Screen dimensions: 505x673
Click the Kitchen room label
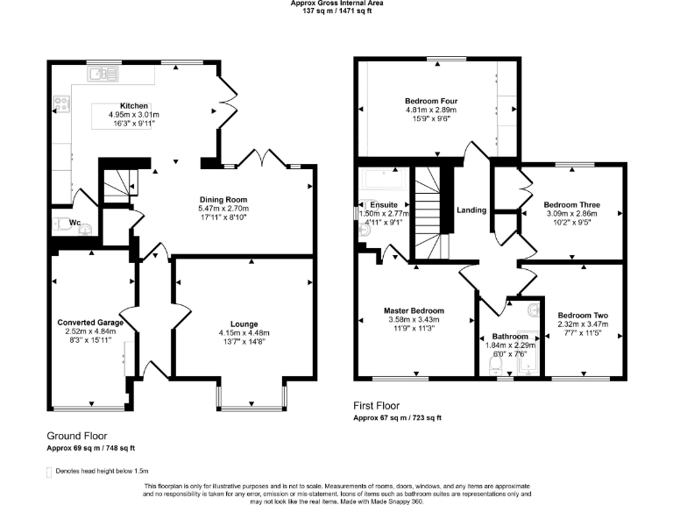point(133,106)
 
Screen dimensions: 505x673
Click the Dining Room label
point(224,199)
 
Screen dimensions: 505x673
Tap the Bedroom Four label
point(431,101)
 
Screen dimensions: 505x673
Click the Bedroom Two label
point(583,316)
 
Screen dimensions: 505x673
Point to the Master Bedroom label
point(414,310)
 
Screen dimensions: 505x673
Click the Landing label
point(471,210)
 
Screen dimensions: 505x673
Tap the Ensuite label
point(384,203)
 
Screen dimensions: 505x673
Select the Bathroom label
point(509,337)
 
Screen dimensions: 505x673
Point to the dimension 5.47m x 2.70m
point(224,209)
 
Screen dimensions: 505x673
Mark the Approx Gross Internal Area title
point(336,4)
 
